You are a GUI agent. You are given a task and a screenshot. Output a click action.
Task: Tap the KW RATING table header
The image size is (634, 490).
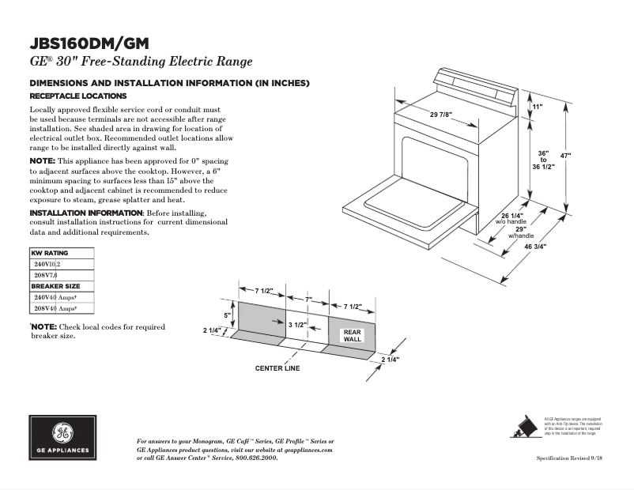click(x=50, y=253)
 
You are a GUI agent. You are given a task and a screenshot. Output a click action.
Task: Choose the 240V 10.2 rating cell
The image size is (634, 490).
click(x=47, y=264)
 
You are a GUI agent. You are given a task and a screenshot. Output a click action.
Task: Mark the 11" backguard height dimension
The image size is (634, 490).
click(x=538, y=106)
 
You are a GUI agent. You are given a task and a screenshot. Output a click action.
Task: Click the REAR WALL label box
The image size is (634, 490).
click(x=353, y=336)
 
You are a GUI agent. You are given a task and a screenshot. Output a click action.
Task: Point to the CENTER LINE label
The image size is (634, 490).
click(x=277, y=368)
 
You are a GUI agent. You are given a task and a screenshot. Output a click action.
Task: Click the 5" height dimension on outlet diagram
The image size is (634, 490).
click(x=227, y=315)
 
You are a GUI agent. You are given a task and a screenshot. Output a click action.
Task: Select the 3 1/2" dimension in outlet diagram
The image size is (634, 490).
click(x=297, y=325)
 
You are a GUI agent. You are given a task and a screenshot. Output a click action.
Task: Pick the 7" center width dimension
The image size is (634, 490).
click(x=308, y=300)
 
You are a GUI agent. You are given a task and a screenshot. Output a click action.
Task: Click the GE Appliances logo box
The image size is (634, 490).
click(x=62, y=439)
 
